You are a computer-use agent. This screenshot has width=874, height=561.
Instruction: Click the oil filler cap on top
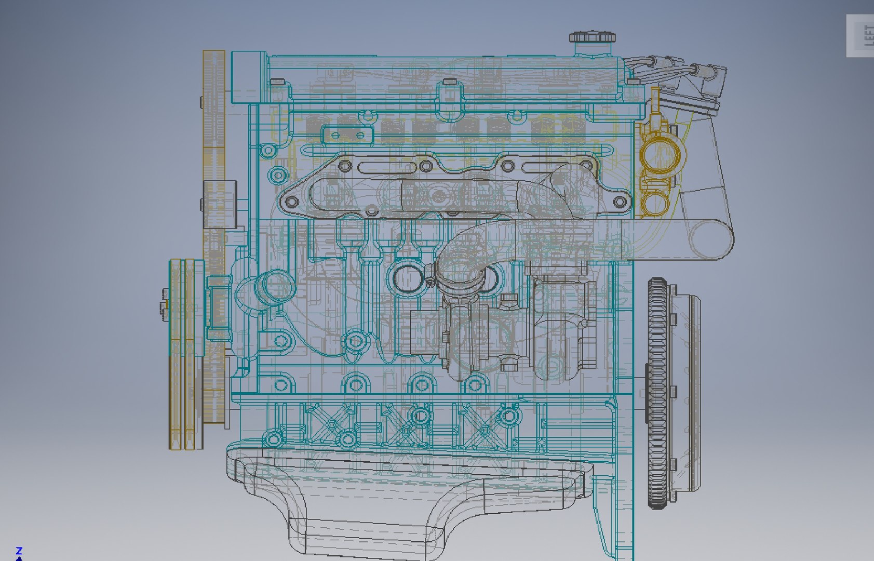592,37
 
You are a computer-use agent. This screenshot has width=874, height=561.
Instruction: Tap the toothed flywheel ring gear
656,393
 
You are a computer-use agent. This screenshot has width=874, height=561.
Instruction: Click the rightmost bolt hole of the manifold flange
619,201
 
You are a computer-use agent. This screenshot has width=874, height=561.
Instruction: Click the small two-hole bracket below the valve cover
348,136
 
